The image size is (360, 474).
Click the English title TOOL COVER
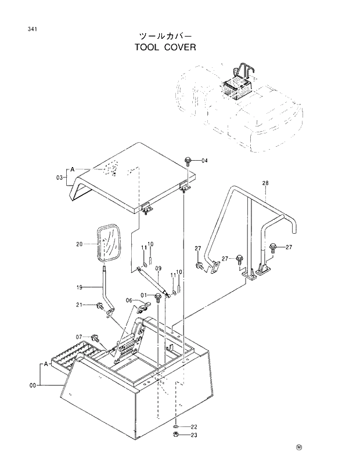165,47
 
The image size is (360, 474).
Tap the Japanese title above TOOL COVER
165,35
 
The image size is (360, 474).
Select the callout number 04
204,161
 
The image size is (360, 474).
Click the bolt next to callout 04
189,160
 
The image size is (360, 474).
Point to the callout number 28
265,184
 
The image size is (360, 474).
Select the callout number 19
80,287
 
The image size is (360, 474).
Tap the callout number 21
80,305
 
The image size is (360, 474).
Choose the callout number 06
130,300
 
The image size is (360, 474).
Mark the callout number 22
193,426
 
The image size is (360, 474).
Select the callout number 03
59,178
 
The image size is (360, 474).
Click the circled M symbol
299,447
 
